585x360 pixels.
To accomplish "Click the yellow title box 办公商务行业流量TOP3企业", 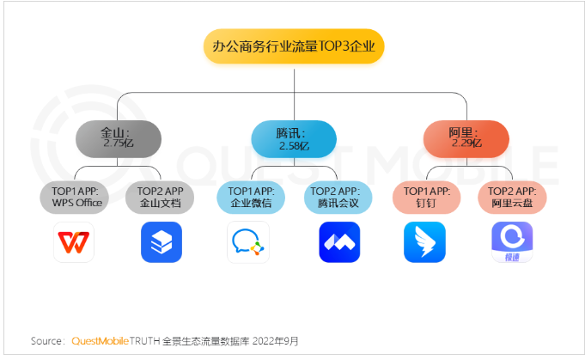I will [293, 46].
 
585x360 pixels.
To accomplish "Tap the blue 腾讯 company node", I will [293, 137].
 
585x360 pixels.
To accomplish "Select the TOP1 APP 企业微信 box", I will [249, 197].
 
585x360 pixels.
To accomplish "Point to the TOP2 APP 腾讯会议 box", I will [338, 197].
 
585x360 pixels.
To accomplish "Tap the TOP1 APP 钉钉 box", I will [424, 197].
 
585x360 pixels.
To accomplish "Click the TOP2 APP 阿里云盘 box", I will [513, 197].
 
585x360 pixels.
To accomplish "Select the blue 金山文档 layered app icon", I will [161, 242].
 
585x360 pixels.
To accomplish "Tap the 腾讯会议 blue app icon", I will [338, 242].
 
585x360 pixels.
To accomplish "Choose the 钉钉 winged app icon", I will [424, 242].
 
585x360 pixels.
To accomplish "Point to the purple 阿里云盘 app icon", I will [512, 242].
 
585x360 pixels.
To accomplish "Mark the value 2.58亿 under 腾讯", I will [293, 147].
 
